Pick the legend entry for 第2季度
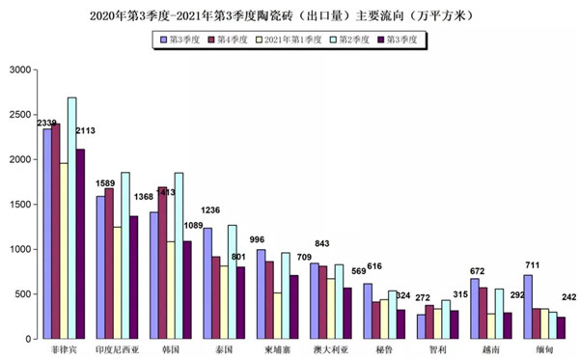tap(352, 40)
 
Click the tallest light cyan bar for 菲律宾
tap(72, 217)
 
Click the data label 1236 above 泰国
tap(211, 210)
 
